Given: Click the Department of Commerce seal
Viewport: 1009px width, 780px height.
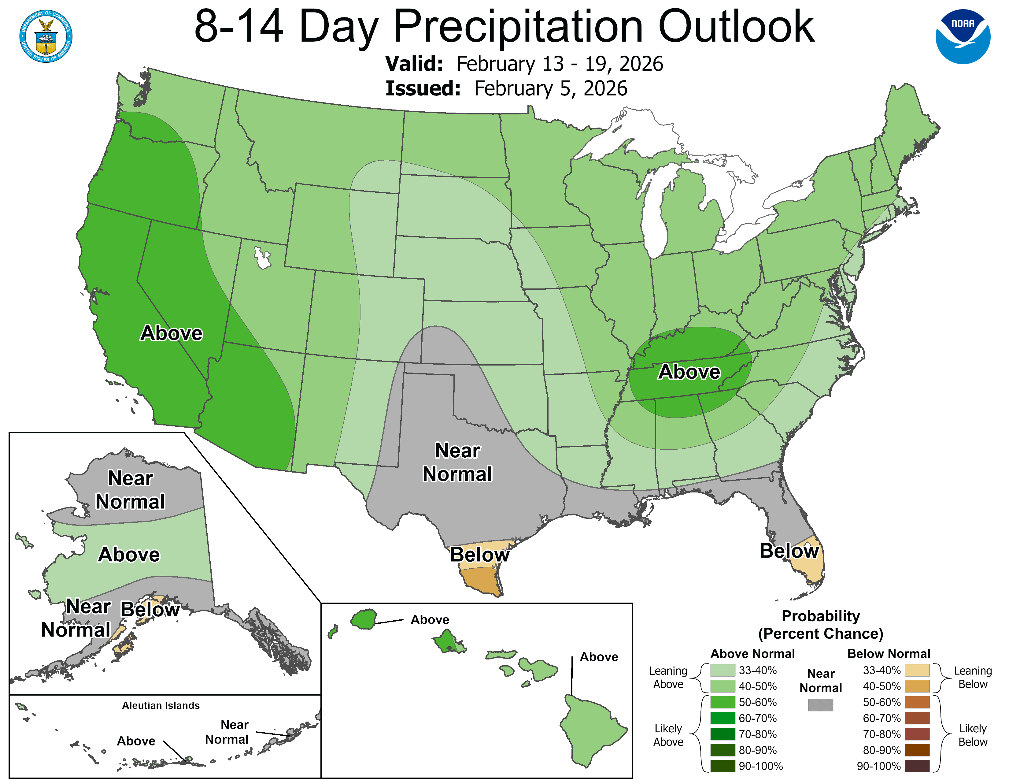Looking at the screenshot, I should coord(46,36).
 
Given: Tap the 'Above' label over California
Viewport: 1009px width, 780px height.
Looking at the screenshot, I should coord(172,333).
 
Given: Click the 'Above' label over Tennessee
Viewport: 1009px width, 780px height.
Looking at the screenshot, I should coord(689,372).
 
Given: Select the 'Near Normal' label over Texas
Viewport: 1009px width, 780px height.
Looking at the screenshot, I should coord(457,462).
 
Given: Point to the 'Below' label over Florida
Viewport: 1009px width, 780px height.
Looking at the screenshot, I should coord(789,551).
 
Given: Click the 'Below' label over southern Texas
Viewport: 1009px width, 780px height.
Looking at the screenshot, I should coord(479,555).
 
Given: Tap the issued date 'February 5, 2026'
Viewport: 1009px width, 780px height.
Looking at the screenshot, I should coord(550,88).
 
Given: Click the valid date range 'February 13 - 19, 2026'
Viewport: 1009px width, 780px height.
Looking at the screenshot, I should coord(560,64).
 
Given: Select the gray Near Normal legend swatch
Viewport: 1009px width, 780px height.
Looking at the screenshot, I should coord(821,705).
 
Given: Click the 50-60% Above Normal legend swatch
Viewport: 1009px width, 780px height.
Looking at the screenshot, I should coord(723,702).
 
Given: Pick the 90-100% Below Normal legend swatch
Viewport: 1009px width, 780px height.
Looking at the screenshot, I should coord(917,766).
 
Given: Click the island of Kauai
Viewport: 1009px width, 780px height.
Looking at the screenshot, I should coord(364,619).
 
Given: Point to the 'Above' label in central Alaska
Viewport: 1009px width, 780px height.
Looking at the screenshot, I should coord(129,555).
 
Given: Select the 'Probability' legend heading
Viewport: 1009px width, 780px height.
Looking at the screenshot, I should coord(821,616).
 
